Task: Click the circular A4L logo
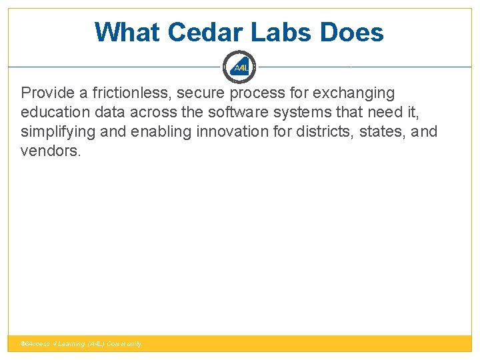(240, 67)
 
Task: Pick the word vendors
(50, 151)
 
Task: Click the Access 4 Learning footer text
(82, 344)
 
